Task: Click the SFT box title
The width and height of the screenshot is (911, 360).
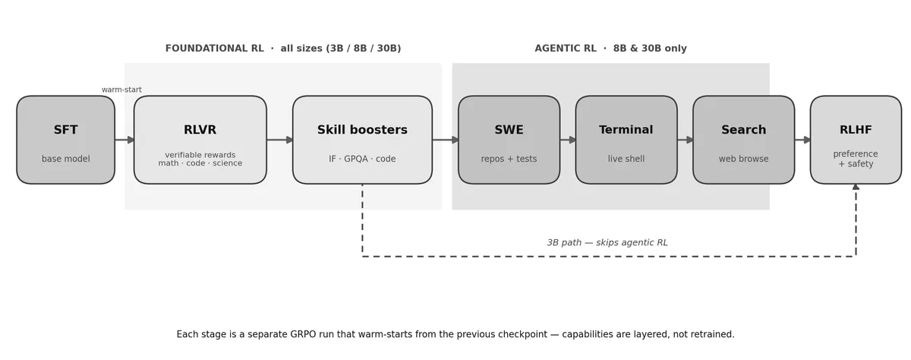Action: click(x=65, y=130)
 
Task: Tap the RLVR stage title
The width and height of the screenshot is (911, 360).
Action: click(x=200, y=130)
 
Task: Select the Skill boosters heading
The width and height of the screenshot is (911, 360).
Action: click(x=362, y=130)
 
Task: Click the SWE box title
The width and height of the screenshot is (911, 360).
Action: click(x=509, y=130)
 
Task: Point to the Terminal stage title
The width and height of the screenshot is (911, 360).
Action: click(x=626, y=130)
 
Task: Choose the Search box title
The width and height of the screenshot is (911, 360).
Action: click(x=743, y=130)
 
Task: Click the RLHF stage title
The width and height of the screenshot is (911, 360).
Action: click(x=856, y=130)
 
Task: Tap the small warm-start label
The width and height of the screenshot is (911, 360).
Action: click(x=121, y=90)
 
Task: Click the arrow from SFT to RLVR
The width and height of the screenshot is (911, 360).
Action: click(x=125, y=140)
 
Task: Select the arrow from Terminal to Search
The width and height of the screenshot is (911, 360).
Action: click(x=686, y=140)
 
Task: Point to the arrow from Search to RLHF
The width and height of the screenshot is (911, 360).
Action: click(x=802, y=140)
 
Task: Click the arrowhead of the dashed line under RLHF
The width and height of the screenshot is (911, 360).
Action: click(x=856, y=187)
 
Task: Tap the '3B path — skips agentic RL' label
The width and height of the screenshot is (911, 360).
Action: click(x=607, y=243)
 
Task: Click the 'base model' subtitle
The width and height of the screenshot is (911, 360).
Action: click(x=65, y=159)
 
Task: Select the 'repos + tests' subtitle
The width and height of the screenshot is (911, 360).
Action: click(x=509, y=159)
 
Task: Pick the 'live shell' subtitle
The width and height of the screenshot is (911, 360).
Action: click(x=626, y=159)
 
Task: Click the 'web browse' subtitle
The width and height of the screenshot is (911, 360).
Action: click(x=743, y=159)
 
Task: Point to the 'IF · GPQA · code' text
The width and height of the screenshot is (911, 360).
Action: click(x=362, y=159)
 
